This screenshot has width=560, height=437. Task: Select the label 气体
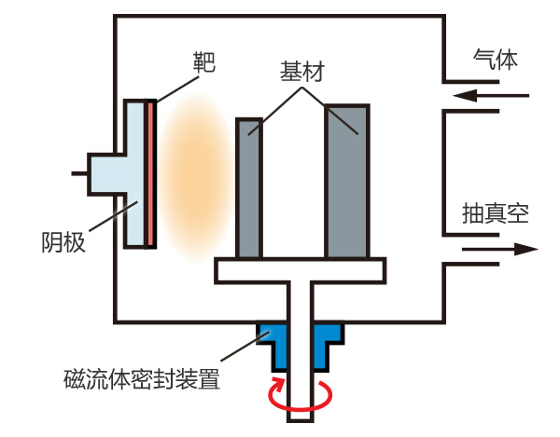coord(494,62)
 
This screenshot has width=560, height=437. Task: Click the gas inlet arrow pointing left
coord(489,94)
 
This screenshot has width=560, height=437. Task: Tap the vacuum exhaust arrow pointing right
coord(499,250)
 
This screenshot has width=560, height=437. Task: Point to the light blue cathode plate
coord(135,173)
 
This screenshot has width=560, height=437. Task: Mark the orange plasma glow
coord(191,172)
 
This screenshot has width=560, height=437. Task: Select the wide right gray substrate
coord(347,182)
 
